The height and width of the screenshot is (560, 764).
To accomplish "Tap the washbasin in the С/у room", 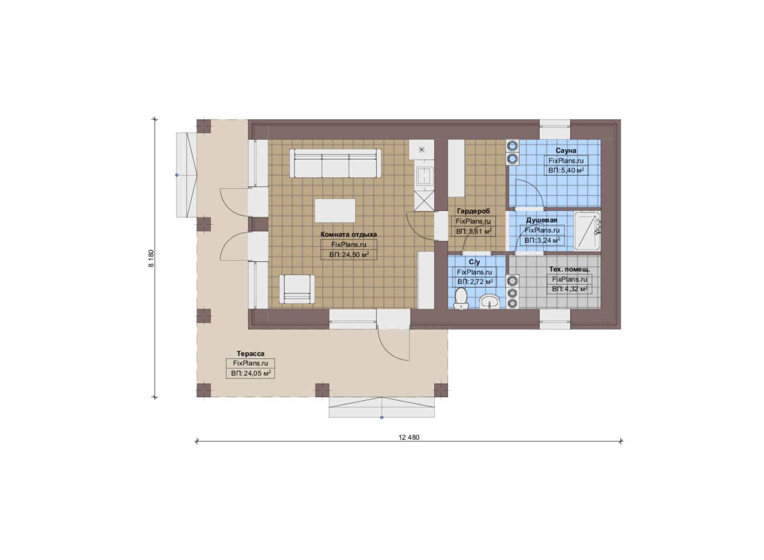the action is pyautogui.click(x=490, y=302).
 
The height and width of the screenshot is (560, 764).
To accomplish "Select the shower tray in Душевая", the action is pyautogui.click(x=587, y=231).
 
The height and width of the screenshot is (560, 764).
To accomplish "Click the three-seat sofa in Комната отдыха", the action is pyautogui.click(x=335, y=163).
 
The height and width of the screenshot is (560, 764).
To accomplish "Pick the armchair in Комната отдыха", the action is pyautogui.click(x=297, y=289).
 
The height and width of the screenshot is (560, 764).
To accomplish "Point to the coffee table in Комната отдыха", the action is pyautogui.click(x=335, y=211).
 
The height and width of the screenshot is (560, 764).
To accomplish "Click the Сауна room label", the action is pyautogui.click(x=566, y=150).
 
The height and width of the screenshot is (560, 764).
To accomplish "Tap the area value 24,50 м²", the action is pyautogui.click(x=349, y=255).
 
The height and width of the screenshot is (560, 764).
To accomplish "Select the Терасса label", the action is pyautogui.click(x=250, y=354).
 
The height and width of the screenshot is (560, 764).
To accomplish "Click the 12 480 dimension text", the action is pyautogui.click(x=409, y=437).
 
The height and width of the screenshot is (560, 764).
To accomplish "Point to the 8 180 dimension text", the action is pyautogui.click(x=151, y=258).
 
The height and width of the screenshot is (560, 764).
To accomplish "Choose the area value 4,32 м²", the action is pyautogui.click(x=570, y=289).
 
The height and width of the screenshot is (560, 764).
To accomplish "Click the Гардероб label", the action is pyautogui.click(x=473, y=211).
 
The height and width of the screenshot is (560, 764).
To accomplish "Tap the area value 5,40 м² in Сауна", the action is pyautogui.click(x=566, y=170).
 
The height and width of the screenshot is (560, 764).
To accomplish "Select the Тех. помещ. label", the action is pyautogui.click(x=569, y=269).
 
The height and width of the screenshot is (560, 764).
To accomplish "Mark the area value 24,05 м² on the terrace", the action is pyautogui.click(x=251, y=373).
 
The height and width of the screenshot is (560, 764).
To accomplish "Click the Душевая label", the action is pyautogui.click(x=541, y=220).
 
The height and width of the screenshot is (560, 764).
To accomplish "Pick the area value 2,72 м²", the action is pyautogui.click(x=475, y=282).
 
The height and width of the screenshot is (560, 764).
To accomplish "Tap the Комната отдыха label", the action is pyautogui.click(x=349, y=234).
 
